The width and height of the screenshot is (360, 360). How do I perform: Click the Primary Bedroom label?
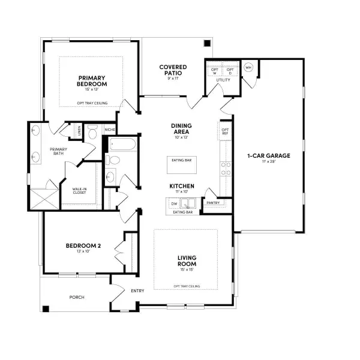click(x=92, y=80)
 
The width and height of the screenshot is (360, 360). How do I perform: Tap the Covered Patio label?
click(x=173, y=70)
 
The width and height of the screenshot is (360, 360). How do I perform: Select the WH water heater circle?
click(x=248, y=67)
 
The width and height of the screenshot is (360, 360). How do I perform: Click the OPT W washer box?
click(x=214, y=71)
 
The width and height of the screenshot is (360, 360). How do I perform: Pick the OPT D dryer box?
click(x=229, y=71)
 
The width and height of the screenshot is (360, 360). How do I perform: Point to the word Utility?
click(x=223, y=79)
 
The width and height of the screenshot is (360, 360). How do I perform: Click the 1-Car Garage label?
click(x=268, y=155)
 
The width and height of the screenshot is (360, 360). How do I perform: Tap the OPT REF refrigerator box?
click(x=225, y=131)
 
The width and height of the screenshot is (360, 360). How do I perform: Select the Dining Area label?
click(x=181, y=128)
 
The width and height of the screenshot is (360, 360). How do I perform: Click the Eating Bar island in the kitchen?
click(x=181, y=160)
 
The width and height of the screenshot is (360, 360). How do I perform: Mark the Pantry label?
click(x=213, y=203)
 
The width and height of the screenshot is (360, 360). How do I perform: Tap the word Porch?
click(x=77, y=297)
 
